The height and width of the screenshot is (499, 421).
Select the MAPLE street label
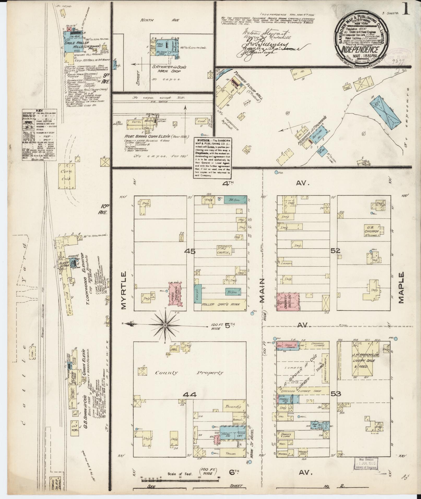[x=401, y=288]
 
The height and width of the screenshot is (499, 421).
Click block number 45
[x=189, y=251]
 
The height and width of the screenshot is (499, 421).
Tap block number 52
[x=335, y=251]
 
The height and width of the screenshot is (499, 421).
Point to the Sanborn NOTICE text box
[x=212, y=157]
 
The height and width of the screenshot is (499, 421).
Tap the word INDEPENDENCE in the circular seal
[x=360, y=49]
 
